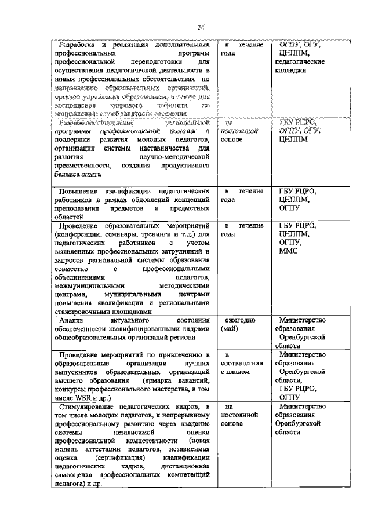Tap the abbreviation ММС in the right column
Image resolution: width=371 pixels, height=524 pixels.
pyautogui.click(x=289, y=251)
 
